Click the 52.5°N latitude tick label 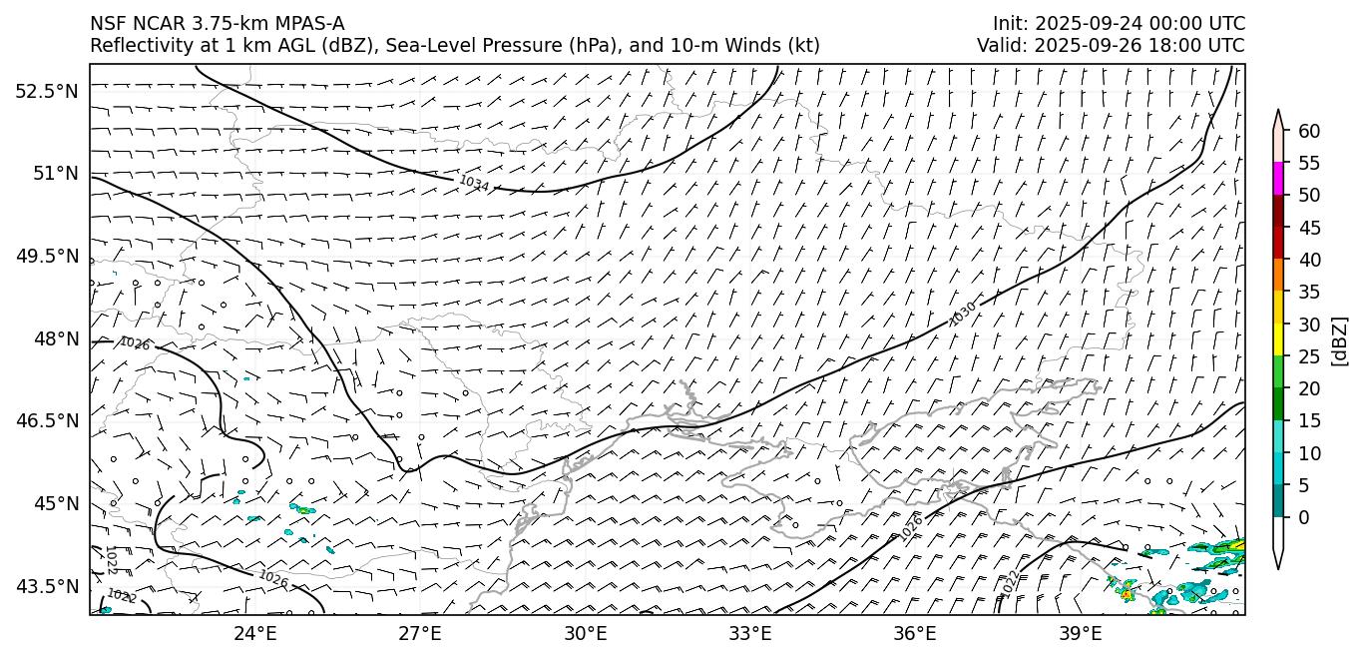46,91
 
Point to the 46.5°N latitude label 46,420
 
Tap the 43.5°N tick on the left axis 46,585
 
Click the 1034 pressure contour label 474,183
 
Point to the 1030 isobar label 962,314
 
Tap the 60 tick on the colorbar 1309,131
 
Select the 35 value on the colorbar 1309,292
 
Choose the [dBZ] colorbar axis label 1340,340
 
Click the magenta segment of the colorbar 1277,179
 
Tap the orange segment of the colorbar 1277,276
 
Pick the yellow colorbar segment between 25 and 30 1277,339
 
